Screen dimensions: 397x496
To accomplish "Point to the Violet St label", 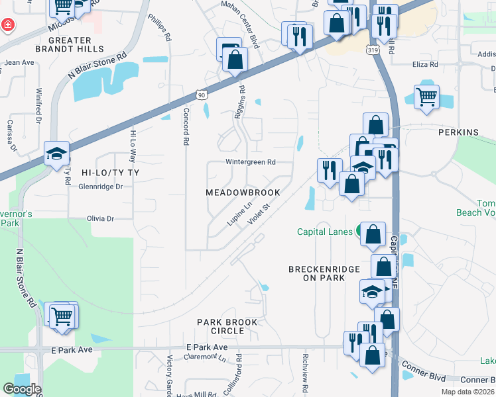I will click(259, 214).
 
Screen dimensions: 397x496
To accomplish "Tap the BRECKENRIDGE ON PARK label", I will click(324, 274).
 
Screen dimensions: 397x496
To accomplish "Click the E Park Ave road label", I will click(207, 347).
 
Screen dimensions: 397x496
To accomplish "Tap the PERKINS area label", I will click(458, 132).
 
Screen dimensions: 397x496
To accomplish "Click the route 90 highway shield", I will click(202, 95).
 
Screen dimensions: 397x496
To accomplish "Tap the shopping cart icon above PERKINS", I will click(426, 97).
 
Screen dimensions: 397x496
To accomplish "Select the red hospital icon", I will click(7, 26).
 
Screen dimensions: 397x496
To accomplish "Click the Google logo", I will click(22, 389).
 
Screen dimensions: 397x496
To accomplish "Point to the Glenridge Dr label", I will click(101, 187).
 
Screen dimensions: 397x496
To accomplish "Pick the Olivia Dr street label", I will click(101, 218).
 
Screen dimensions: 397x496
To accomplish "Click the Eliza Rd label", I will click(425, 64).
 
